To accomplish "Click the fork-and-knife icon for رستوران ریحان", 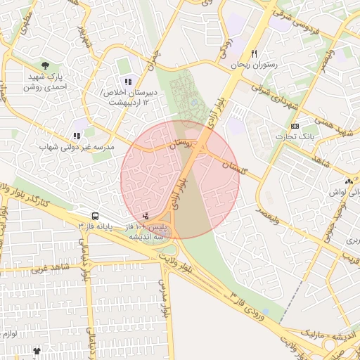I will [x=254, y=53].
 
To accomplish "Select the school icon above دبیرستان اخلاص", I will [x=127, y=82].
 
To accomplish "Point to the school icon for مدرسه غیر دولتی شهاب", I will [x=77, y=136].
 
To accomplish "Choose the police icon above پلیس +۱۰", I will [x=146, y=216].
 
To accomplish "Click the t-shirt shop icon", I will [x=37, y=350].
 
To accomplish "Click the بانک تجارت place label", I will [x=293, y=136].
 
